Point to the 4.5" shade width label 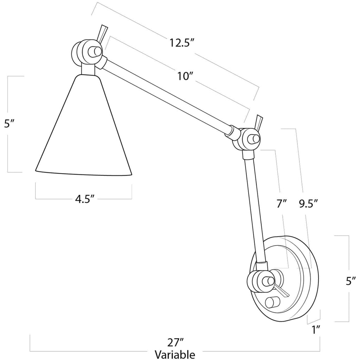[84, 199]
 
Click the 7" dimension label [282, 203]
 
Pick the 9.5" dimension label [309, 203]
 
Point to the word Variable [175, 353]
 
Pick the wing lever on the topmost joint [102, 33]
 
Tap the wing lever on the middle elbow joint [259, 122]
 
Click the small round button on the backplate [272, 302]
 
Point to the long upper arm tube [165, 95]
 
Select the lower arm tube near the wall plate [255, 207]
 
